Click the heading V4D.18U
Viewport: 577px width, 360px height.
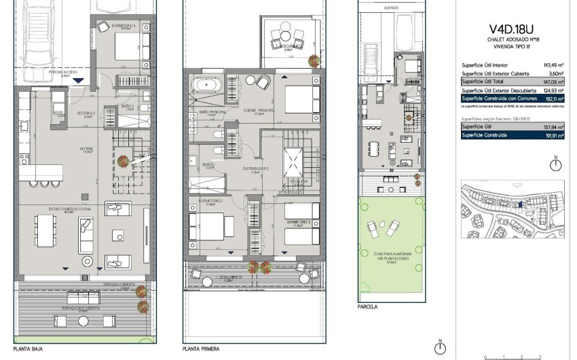pos(512,29)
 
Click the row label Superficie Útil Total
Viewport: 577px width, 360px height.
pos(483,81)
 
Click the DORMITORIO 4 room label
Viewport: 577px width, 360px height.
pos(125,27)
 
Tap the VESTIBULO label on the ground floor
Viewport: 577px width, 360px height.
pos(85,113)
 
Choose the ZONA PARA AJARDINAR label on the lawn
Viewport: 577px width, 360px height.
pos(391,255)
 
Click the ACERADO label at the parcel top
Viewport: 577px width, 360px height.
pos(391,9)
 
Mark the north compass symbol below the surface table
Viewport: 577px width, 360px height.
pos(556,165)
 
